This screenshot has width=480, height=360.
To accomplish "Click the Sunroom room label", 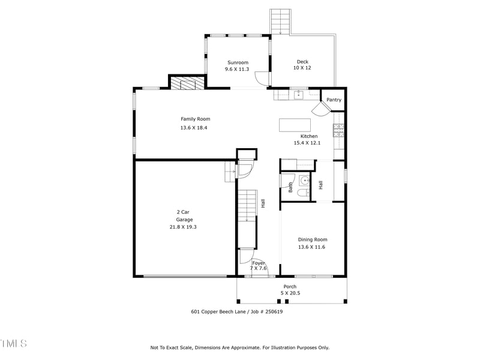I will pos(237,62).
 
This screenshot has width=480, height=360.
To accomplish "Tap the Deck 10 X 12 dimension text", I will pos(302,68).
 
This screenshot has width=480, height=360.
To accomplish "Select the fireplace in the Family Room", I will pos(186,83).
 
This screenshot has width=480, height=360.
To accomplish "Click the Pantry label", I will pos(334,100).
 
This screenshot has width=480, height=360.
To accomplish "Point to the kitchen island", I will pos(295,125).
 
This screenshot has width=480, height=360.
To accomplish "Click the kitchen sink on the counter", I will pos(297,94).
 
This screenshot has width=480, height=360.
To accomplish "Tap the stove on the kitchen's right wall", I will pos(339,130).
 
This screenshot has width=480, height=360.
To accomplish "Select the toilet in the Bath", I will pos(303,193).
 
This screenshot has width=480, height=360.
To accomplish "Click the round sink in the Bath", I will pos(304,179).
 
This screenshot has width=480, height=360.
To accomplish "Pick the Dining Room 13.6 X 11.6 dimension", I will pos(312,247).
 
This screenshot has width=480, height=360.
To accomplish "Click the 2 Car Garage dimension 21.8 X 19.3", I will pos(183,227).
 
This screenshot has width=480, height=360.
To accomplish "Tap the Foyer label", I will pos(259,263).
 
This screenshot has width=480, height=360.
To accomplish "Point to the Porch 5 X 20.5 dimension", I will pos(290,293).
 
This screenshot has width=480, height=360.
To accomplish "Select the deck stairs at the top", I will pos(280,21).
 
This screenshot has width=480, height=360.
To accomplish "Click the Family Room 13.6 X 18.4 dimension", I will pos(195,127).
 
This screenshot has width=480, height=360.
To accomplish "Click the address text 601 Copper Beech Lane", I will pos(220,311).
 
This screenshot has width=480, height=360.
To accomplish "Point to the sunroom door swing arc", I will pos(260,78).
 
